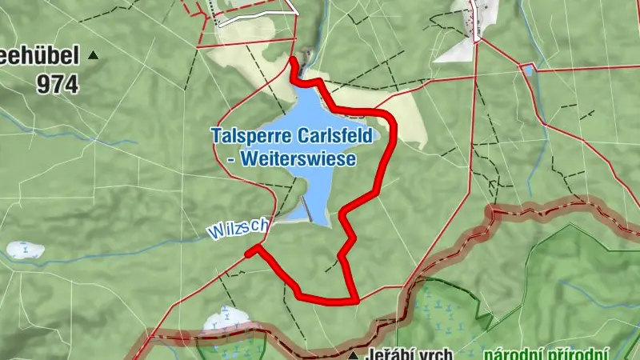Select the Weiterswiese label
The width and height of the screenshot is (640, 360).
[x=298, y=158]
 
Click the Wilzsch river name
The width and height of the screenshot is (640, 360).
[x=238, y=228]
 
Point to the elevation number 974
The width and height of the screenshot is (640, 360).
[x=58, y=84]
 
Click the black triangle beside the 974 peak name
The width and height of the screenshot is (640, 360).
[x=94, y=55]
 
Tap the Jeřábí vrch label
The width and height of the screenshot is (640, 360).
[x=410, y=354]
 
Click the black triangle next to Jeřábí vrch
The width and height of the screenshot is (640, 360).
[x=354, y=353]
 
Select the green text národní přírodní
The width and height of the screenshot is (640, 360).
[x=546, y=354]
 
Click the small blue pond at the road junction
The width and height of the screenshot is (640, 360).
[x=527, y=70]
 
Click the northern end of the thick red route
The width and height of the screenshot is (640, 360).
[x=293, y=60]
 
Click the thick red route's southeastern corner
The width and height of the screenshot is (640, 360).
[x=354, y=300]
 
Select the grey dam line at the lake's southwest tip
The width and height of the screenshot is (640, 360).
[x=306, y=210]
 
